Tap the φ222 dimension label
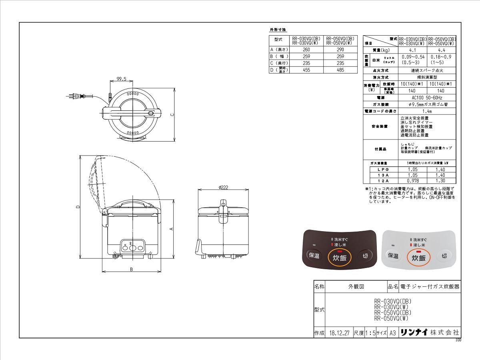[223, 188]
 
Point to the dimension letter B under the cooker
[131, 270]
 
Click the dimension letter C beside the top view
[172, 115]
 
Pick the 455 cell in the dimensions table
[306, 70]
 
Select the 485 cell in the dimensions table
[340, 70]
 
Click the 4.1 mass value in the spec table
[412, 50]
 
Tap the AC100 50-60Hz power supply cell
[427, 98]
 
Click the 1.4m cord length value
[427, 111]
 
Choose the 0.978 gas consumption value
[412, 180]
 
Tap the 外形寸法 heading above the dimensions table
[278, 30]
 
